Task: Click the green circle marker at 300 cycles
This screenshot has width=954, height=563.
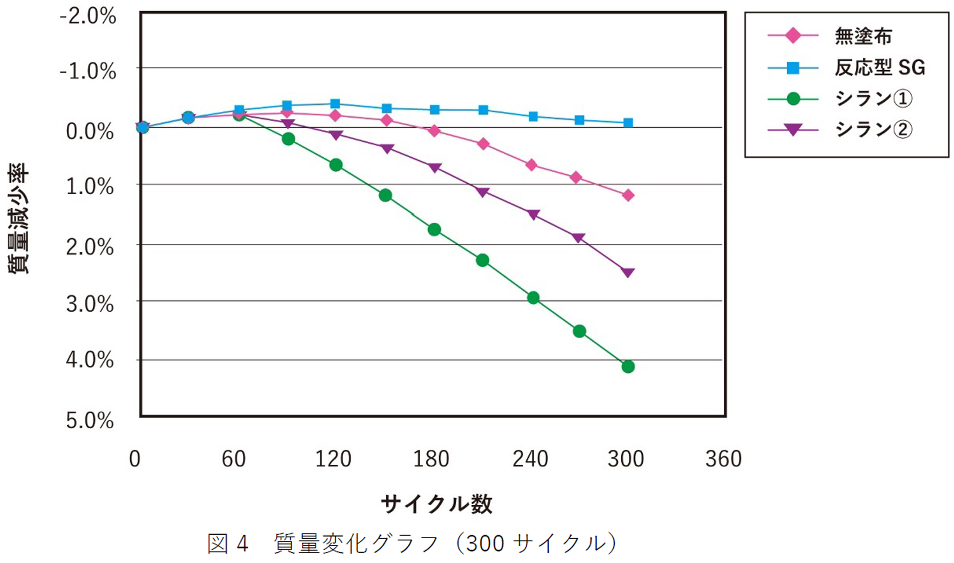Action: (628, 366)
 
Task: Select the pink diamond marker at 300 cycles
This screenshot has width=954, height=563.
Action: (628, 195)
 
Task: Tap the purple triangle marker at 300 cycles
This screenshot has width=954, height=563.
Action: (628, 272)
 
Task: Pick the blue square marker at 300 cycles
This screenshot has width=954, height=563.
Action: (628, 122)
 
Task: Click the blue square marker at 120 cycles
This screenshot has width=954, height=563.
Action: (335, 104)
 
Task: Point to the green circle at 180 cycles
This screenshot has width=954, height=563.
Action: (434, 229)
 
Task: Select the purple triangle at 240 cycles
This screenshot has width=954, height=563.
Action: (533, 215)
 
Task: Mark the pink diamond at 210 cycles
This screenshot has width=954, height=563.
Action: (483, 144)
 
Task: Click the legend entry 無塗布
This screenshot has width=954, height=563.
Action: (863, 36)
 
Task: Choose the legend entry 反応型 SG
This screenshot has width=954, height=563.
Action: (879, 67)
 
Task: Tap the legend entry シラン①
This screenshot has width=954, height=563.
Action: (873, 99)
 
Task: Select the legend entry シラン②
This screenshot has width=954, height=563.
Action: (873, 129)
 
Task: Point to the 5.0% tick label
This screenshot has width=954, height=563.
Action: (90, 421)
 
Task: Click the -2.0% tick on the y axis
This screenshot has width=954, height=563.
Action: (88, 16)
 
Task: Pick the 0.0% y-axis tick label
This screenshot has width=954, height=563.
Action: (90, 132)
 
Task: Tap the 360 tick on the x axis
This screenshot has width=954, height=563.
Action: (723, 458)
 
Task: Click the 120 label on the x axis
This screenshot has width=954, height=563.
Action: (333, 458)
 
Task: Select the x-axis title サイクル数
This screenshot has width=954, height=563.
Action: (437, 504)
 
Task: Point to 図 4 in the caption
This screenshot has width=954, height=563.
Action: (228, 543)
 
